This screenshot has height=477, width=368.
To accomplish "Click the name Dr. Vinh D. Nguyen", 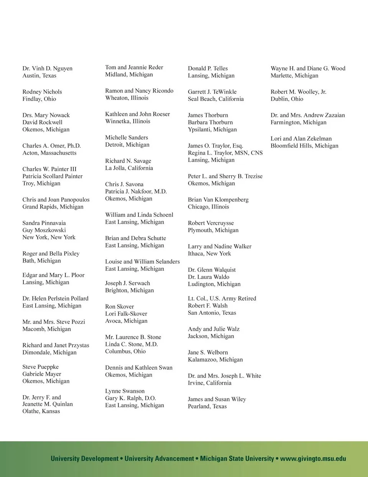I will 47,68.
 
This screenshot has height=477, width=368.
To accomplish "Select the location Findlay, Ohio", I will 39,99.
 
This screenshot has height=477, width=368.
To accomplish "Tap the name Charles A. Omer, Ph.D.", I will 51,146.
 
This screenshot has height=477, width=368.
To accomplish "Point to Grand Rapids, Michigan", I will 53,207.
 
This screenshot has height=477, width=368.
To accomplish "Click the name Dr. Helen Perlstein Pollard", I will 55,298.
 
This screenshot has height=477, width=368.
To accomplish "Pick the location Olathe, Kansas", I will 41,411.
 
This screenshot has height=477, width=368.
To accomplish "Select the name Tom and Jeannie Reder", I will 134,67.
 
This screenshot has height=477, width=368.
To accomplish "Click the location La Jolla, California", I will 129,168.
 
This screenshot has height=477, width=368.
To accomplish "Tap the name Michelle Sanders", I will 127,137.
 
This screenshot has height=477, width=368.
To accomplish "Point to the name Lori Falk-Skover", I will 126,314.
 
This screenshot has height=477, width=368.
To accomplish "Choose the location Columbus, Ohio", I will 125,351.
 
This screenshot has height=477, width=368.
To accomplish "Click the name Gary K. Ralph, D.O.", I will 130,398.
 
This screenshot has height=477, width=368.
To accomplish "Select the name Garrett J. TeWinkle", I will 212,92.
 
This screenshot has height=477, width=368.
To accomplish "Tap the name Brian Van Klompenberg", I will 218,200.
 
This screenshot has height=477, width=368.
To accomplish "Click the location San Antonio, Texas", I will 212,313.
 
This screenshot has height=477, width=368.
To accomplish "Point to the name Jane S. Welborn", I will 207,352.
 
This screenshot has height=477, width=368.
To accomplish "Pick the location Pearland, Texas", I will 207,406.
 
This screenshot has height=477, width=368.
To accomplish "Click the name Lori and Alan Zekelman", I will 301,138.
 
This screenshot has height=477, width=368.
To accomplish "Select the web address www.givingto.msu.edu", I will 313,459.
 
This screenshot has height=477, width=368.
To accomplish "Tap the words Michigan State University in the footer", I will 237,459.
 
